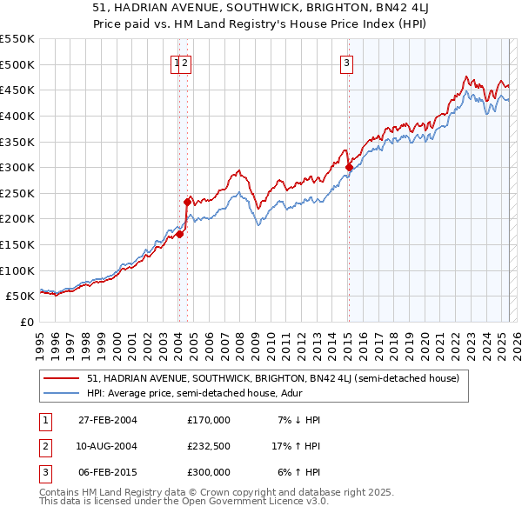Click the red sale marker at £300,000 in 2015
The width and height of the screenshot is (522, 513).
tap(349, 167)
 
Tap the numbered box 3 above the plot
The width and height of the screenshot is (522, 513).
tap(346, 62)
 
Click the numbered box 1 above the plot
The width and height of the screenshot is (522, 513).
tap(177, 62)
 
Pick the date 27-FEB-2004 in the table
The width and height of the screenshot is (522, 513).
tap(107, 420)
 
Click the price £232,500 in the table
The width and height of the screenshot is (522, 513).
tap(209, 446)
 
